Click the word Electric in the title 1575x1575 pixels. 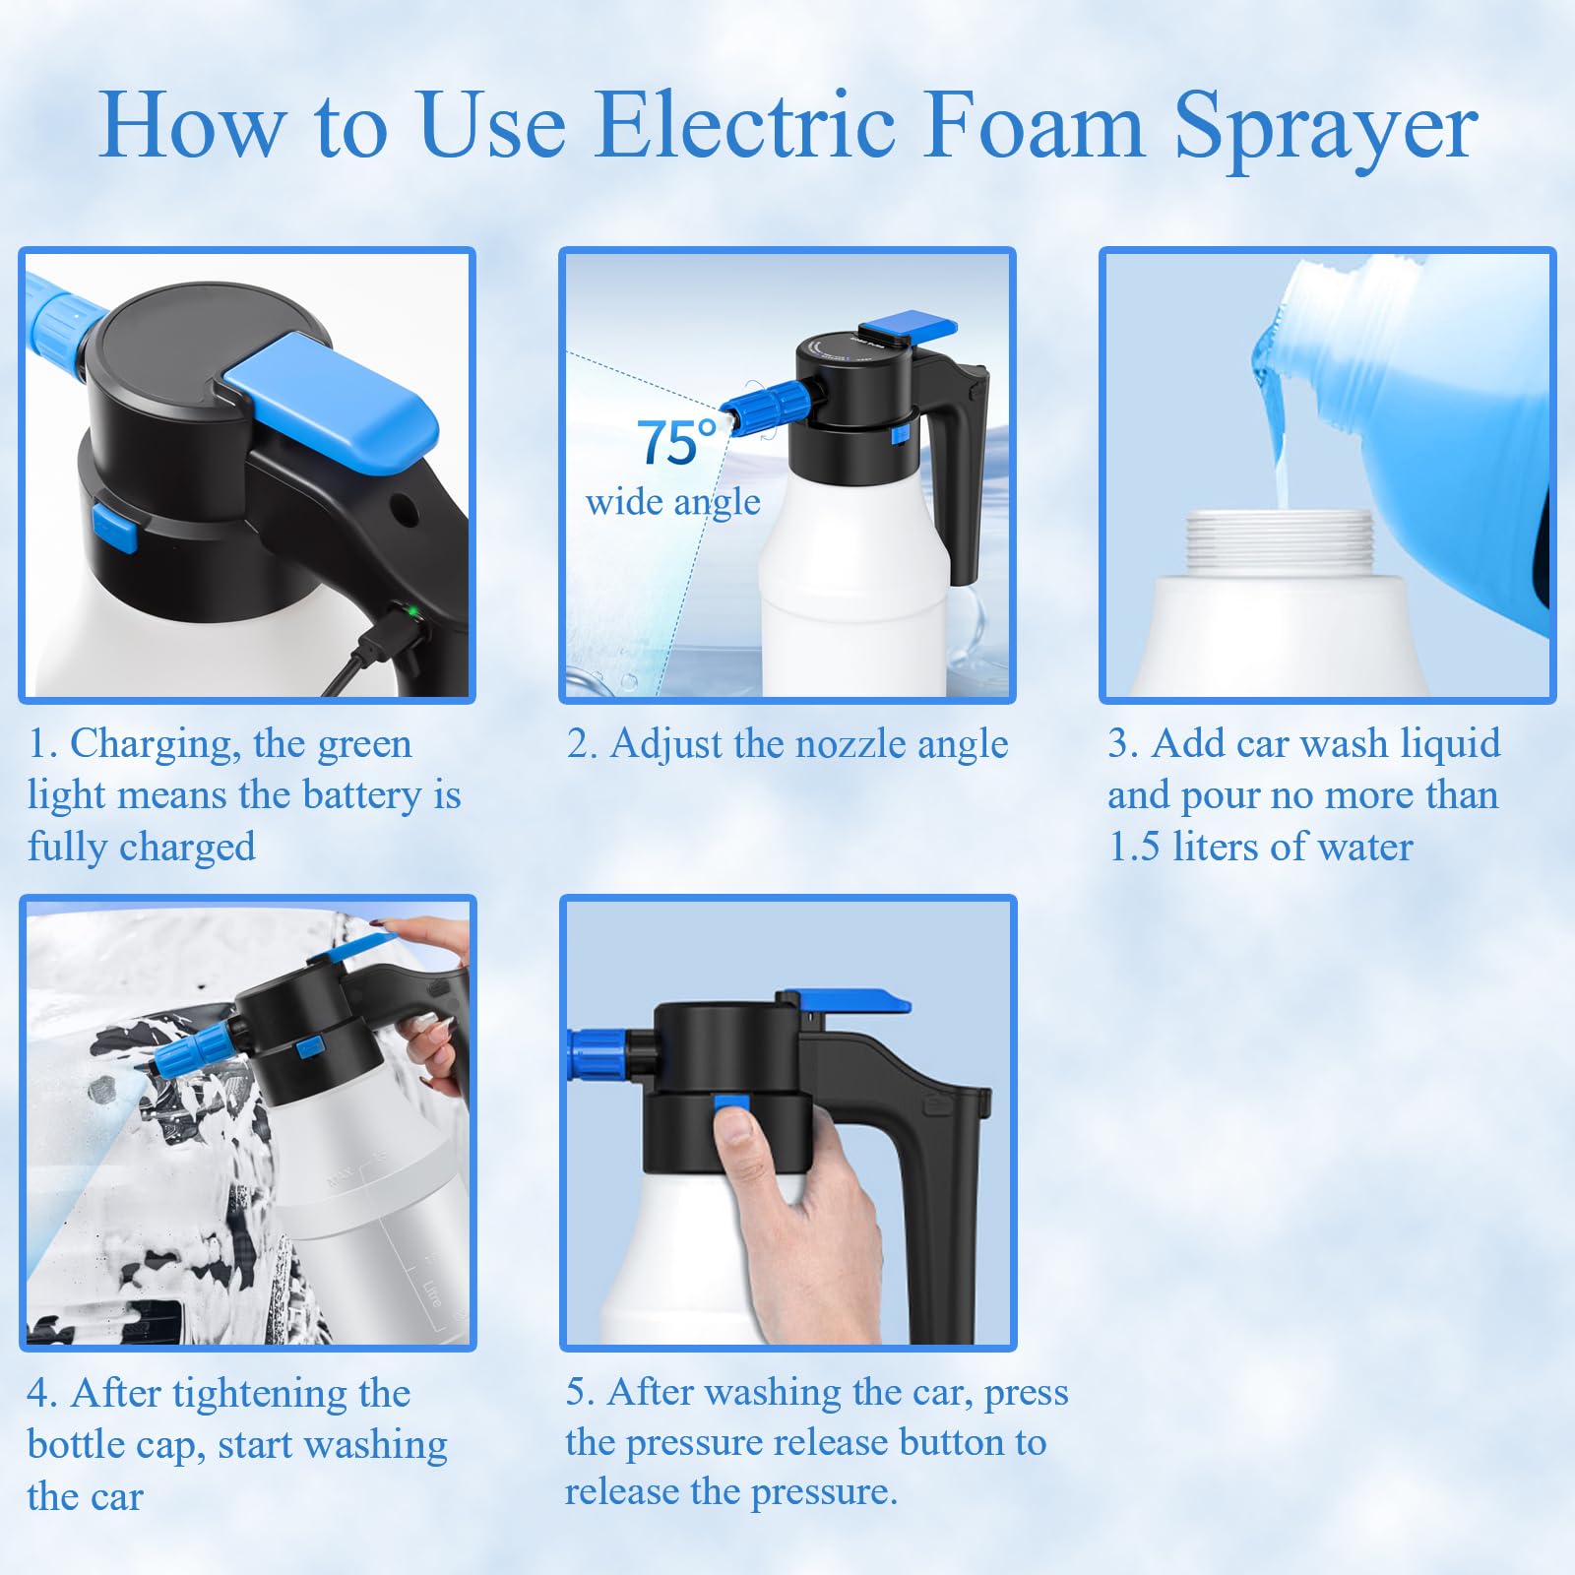click(x=745, y=126)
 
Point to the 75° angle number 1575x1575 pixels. click(x=676, y=443)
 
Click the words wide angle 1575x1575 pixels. click(x=672, y=503)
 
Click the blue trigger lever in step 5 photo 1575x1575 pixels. click(x=853, y=1003)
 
